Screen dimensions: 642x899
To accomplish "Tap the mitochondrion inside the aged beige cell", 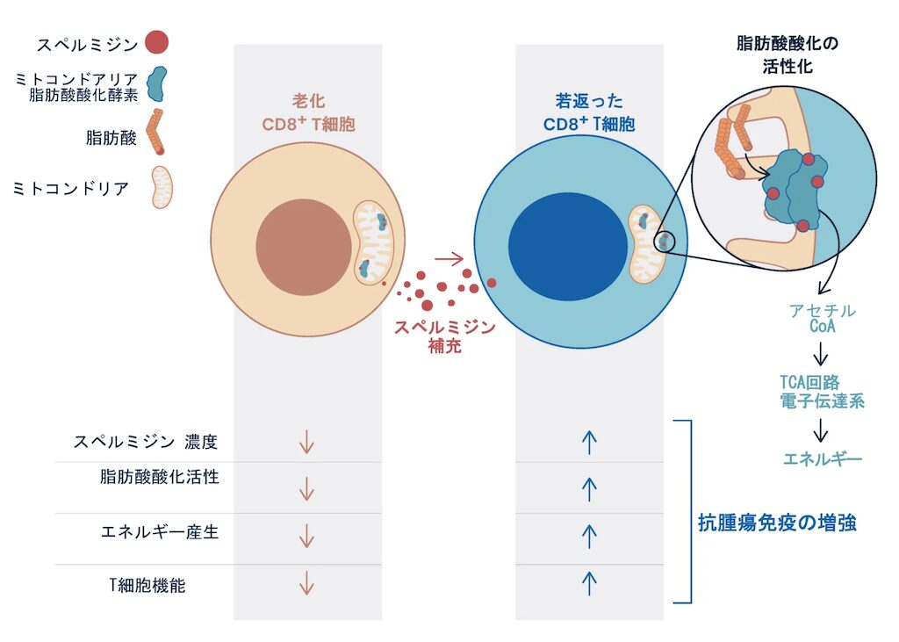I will pyautogui.click(x=376, y=242).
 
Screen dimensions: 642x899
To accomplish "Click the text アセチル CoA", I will pyautogui.click(x=822, y=319).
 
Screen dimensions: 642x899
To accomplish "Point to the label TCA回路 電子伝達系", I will pyautogui.click(x=822, y=392).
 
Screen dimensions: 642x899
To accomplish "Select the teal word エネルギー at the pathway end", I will pyautogui.click(x=822, y=459).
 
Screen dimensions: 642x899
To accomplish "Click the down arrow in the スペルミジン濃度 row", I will pyautogui.click(x=306, y=443).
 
